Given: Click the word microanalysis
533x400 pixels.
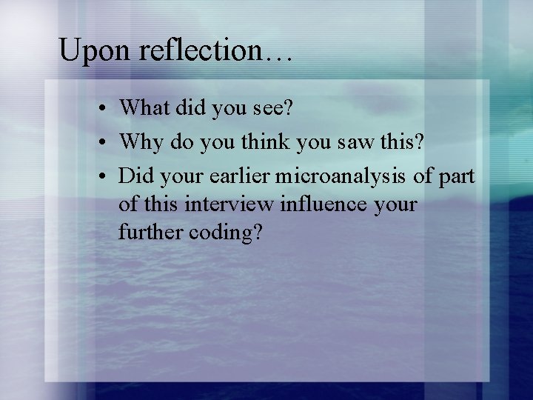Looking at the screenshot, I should [345, 176].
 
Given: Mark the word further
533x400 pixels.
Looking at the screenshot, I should [150, 232].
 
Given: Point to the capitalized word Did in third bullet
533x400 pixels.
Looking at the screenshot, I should [132, 176].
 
